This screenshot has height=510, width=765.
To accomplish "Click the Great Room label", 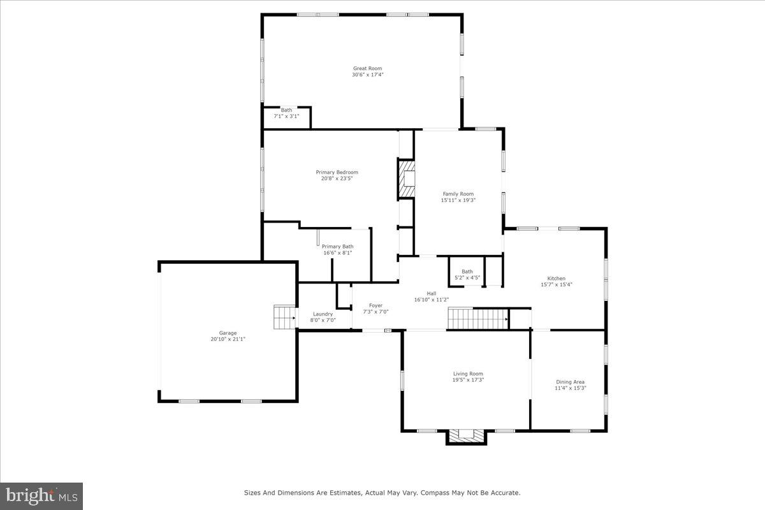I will point(367,68).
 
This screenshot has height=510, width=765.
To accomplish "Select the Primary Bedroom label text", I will point(337,172).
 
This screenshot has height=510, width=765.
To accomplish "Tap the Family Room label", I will point(458,194).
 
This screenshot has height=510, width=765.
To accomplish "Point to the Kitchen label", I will point(556,278).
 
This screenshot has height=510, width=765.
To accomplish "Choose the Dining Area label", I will point(570,382).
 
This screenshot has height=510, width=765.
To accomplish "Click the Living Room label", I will point(467,374).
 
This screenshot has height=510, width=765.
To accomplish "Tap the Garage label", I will point(228,333).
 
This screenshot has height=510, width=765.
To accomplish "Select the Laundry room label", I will point(322,314).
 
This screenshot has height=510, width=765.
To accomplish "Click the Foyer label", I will point(375,305).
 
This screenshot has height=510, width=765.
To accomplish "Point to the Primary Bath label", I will point(337,246).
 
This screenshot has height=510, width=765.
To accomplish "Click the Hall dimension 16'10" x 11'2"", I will point(432,300).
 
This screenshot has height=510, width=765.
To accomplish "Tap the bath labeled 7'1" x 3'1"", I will point(286,113).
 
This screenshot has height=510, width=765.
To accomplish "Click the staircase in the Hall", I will point(477,317).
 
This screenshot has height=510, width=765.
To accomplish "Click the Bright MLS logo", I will point(41,496).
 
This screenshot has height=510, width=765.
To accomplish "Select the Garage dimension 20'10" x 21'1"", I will point(228,339).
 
